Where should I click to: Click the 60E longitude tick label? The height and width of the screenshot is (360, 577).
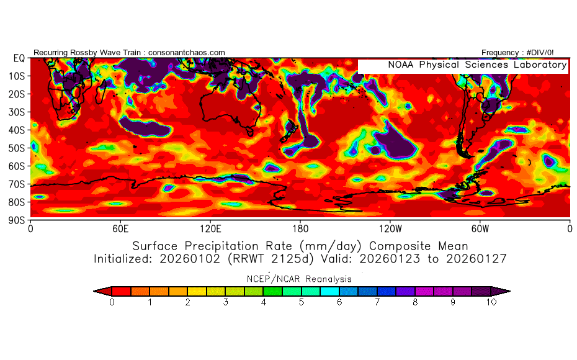tap(120, 228)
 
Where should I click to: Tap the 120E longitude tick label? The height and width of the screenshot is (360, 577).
tap(210, 228)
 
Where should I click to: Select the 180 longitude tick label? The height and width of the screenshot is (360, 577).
tap(300, 228)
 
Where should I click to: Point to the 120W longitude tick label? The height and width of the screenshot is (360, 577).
tap(390, 228)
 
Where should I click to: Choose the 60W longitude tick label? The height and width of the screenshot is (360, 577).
tap(480, 228)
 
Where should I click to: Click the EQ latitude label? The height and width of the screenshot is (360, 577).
tap(19, 58)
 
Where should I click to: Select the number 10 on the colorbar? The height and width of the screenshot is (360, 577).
tap(491, 302)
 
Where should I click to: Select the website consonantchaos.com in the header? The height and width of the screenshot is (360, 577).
tap(187, 53)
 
